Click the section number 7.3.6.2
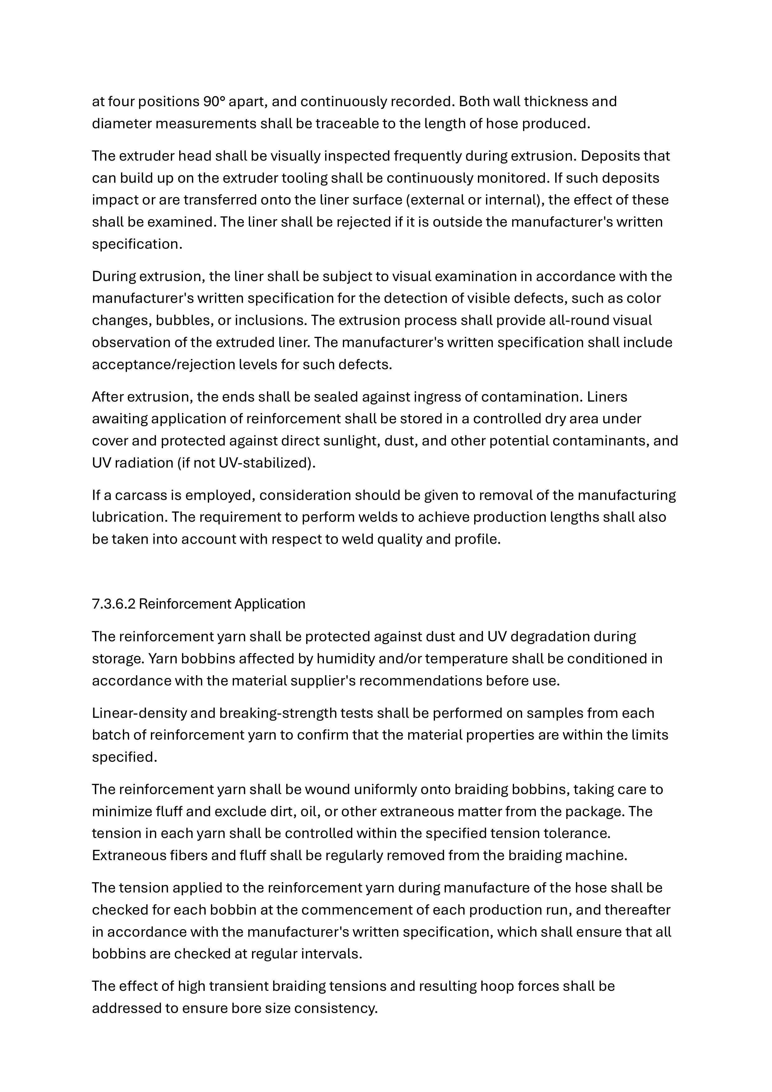(x=114, y=604)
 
